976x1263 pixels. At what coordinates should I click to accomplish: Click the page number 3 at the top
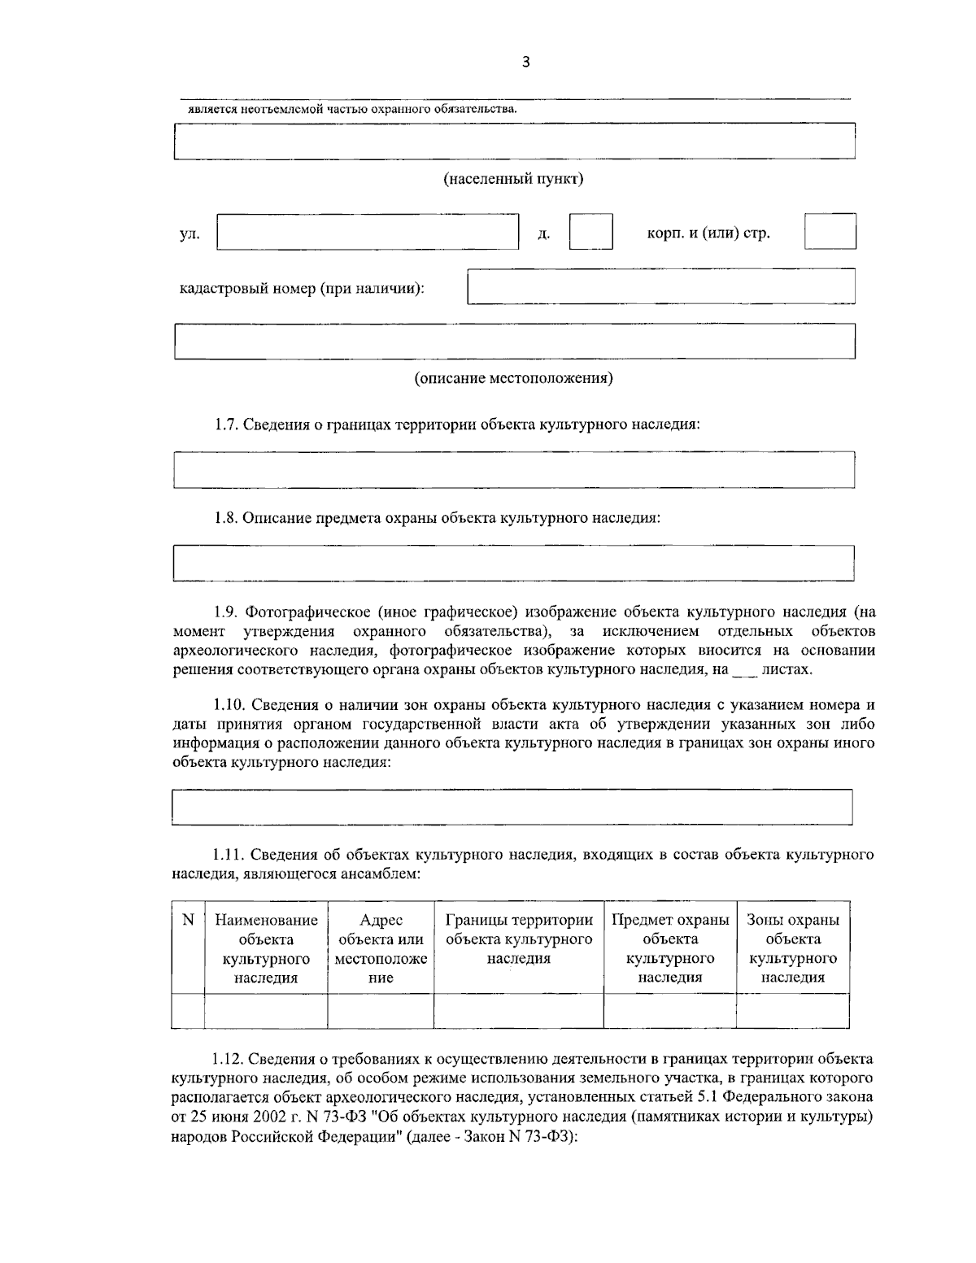525,63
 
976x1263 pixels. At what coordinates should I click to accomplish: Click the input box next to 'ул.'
368,233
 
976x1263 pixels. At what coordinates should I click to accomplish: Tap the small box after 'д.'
590,232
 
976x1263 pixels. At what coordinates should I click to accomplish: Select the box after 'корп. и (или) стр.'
830,231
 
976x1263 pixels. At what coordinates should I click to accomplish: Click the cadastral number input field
660,286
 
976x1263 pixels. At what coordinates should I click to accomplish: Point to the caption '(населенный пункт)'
512,179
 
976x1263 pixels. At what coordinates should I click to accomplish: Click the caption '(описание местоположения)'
513,378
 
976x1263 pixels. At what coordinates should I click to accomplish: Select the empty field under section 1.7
513,469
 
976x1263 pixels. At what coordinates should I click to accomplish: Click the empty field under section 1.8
513,563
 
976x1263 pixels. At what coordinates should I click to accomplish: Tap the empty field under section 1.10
512,807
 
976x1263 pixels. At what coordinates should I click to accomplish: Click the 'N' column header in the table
188,921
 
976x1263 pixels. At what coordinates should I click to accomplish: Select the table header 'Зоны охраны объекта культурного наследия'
792,948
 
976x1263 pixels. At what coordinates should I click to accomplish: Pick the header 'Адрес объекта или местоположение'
381,948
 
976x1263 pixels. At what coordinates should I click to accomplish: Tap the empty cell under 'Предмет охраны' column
669,1011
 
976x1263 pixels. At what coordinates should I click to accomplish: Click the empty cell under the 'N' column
188,1011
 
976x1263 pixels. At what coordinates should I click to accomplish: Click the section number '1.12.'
229,1059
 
